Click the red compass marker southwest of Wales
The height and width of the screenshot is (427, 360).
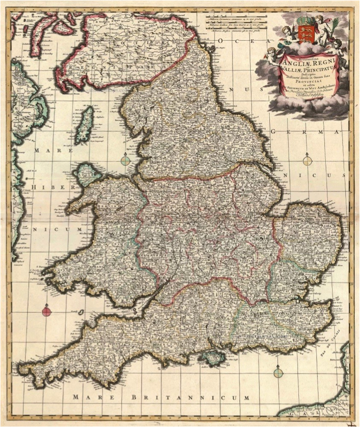click(47, 311)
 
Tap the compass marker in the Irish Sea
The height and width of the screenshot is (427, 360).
click(126, 160)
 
